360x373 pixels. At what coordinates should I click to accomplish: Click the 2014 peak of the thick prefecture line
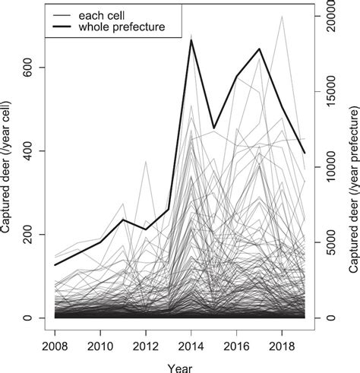point(191,40)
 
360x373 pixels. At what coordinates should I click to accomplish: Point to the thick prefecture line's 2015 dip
point(214,128)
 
